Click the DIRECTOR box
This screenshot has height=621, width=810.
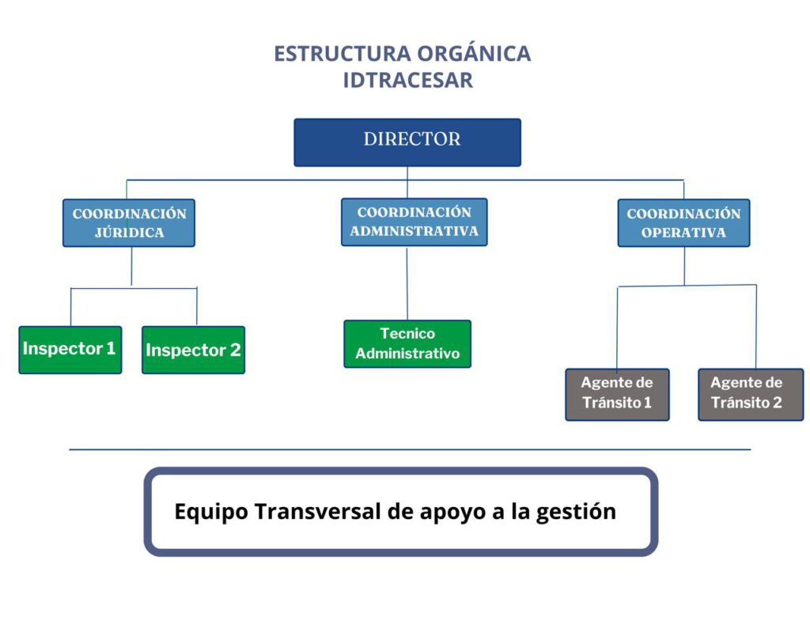[x=407, y=142]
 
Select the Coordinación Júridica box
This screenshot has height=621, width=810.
[x=129, y=222]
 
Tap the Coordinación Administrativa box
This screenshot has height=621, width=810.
[x=414, y=222]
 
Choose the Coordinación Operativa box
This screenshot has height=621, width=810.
[x=683, y=222]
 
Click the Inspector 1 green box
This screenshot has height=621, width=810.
[x=70, y=350]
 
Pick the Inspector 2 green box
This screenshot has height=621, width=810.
[x=193, y=350]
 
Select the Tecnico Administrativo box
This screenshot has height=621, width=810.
[x=407, y=344]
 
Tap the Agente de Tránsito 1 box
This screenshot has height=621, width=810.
[x=617, y=394]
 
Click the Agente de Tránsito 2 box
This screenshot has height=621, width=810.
[x=751, y=394]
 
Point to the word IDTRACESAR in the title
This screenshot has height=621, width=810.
[x=408, y=80]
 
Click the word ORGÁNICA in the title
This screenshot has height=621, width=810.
[x=474, y=54]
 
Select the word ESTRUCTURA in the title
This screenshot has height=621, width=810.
[x=343, y=54]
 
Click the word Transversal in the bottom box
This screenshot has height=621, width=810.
[x=318, y=512]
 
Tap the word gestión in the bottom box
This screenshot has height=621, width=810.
[x=576, y=513]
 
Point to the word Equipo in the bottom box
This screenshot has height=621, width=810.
[x=211, y=513]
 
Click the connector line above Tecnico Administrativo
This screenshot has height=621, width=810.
[x=407, y=284]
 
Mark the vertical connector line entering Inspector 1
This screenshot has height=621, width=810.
[x=70, y=307]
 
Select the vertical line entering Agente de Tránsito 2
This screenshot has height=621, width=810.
[x=756, y=327]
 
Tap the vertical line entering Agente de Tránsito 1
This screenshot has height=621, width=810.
[x=617, y=328]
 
